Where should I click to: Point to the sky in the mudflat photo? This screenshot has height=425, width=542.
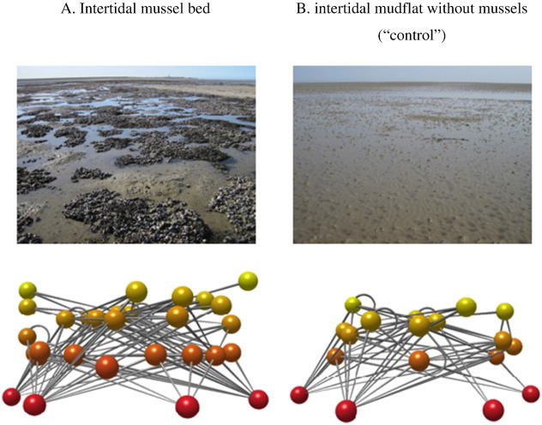pos(419,74)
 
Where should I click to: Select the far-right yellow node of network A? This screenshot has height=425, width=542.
pos(248,281)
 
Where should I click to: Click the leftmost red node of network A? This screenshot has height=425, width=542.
pos(11,396)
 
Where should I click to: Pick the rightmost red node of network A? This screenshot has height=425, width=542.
pos(258,399)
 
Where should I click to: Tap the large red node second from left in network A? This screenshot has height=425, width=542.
pos(35,404)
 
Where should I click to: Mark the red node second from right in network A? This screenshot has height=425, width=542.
pos(187,404)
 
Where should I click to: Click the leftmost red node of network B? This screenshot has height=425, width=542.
pos(299,394)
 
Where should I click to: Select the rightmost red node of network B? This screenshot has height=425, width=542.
pos(531,393)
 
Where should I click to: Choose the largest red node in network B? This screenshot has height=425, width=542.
pos(346,410)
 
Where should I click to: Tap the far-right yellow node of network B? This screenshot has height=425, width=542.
pos(505,311)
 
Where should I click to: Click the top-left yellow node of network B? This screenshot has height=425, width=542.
pos(352,304)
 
